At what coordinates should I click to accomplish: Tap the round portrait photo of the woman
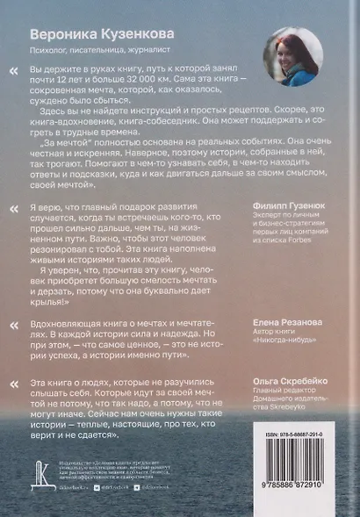pyautogui.click(x=293, y=53)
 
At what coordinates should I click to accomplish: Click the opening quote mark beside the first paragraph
pyautogui.click(x=37, y=69)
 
